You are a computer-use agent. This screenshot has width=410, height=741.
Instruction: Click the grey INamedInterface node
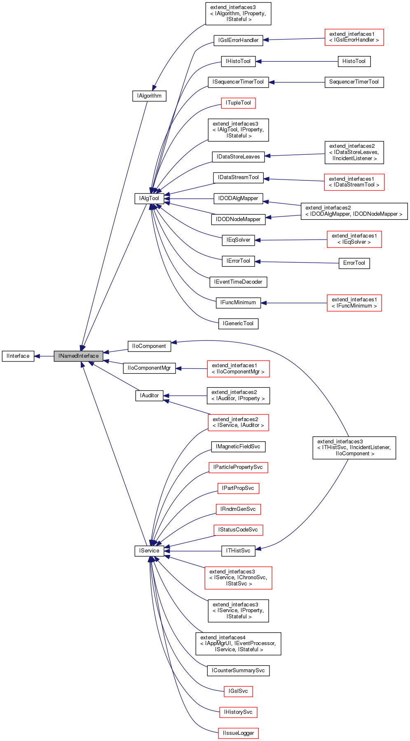[78, 356]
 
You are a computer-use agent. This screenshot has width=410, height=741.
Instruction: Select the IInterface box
[18, 356]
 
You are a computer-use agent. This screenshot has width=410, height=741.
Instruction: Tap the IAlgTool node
[149, 198]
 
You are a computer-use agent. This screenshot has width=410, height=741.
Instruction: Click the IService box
[149, 551]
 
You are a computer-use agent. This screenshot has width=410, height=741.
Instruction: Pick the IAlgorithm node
[149, 96]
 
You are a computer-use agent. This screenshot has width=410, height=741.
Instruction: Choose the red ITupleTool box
[238, 103]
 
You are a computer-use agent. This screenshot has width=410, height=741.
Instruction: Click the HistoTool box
[354, 61]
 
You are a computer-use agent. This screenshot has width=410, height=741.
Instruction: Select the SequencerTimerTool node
[354, 82]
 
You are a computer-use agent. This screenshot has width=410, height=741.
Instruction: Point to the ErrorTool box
[354, 263]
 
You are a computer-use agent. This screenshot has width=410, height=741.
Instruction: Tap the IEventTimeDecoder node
[238, 282]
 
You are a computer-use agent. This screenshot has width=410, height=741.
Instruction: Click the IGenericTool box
[238, 324]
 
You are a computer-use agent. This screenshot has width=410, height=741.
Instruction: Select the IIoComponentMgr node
[149, 368]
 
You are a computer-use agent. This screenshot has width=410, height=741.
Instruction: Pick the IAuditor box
[149, 396]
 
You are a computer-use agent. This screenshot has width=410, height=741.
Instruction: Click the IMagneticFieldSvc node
[238, 447]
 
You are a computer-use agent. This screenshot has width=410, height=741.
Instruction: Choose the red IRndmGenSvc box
[238, 509]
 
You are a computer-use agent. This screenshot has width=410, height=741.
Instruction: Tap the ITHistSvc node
[238, 551]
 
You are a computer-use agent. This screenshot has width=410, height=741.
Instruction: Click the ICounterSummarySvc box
[238, 671]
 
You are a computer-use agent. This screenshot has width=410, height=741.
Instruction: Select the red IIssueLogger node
[238, 733]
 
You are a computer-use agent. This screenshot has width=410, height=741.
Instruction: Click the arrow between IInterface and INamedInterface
[44, 356]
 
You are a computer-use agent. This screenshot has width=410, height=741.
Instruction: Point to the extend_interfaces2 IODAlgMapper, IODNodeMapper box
[354, 211]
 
